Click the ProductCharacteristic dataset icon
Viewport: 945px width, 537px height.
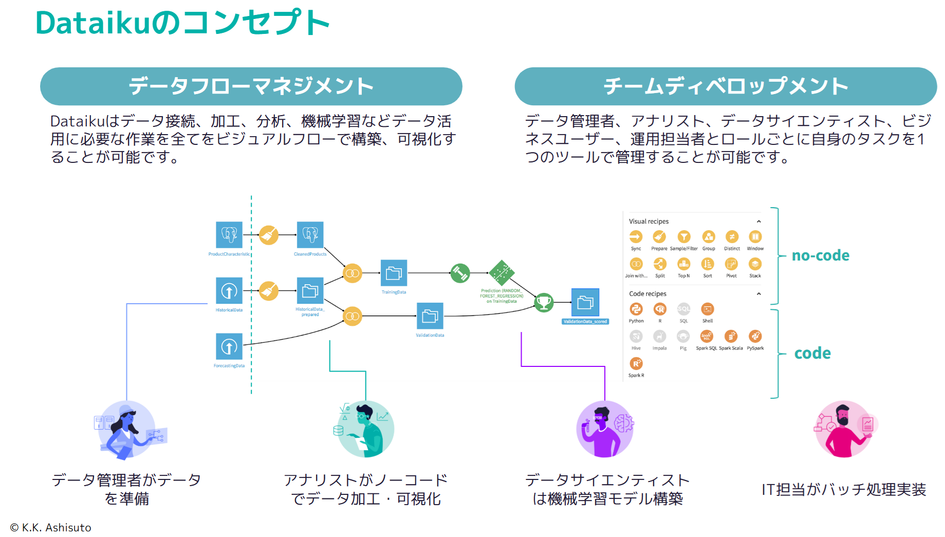click(x=229, y=235)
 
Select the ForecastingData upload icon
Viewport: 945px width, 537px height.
click(x=229, y=347)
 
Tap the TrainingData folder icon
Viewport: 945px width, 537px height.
click(x=394, y=273)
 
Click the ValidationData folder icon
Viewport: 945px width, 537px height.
click(x=430, y=316)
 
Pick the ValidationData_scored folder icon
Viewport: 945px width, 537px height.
click(x=585, y=303)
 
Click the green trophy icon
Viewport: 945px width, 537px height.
click(x=544, y=302)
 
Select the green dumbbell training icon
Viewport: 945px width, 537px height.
click(x=460, y=273)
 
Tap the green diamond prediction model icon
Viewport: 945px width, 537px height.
click(x=502, y=273)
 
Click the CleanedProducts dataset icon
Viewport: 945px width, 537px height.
click(x=310, y=235)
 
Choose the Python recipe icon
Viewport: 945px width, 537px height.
click(x=636, y=309)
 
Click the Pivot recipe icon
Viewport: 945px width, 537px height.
click(x=731, y=264)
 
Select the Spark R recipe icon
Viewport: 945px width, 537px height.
click(x=636, y=364)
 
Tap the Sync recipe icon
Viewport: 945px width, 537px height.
click(x=636, y=237)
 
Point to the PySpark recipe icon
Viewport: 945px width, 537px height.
click(x=755, y=337)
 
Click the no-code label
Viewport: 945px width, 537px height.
click(x=820, y=255)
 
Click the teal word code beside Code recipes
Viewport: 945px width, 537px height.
click(x=812, y=353)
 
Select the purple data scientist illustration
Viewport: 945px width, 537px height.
click(x=605, y=429)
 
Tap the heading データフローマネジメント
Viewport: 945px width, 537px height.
click(x=251, y=86)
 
